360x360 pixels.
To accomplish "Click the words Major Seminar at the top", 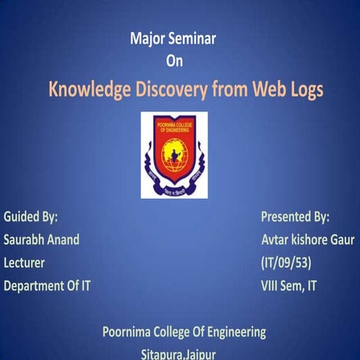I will point(172,40).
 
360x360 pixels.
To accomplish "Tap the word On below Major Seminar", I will point(173,61).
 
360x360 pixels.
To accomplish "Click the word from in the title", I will point(232,91).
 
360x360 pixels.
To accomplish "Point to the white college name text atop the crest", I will point(173,126).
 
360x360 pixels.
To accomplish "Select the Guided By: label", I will point(31,217).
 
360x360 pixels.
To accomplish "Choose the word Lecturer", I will point(24,262).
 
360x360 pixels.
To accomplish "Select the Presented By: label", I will point(295,217).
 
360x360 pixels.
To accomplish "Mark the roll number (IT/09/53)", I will point(286,262).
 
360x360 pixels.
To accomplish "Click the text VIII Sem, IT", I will point(288,286).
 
